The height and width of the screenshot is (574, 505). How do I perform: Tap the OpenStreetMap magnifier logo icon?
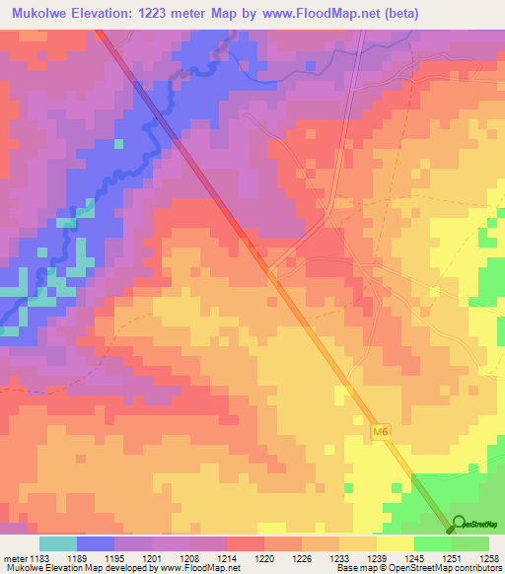459,525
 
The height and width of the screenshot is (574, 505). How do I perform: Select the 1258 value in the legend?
488,557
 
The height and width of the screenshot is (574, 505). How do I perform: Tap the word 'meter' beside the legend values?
14,557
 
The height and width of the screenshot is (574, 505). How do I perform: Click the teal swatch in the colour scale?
58,543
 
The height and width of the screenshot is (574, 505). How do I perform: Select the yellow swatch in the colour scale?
395,543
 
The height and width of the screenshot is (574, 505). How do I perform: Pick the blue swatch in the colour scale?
96,543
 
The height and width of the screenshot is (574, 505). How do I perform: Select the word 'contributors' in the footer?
474,569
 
